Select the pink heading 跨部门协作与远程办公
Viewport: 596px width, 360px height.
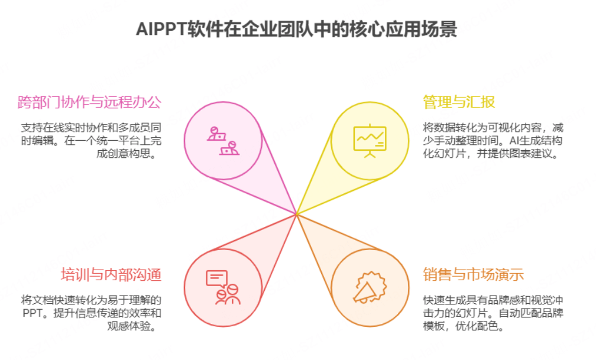click(x=89, y=102)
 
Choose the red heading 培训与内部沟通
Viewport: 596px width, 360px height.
click(x=111, y=274)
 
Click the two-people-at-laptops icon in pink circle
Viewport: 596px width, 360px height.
click(x=223, y=140)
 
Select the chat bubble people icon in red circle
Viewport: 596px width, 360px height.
click(x=223, y=287)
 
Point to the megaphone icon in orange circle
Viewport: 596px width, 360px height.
click(x=370, y=287)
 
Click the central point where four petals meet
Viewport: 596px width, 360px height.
click(x=296, y=213)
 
